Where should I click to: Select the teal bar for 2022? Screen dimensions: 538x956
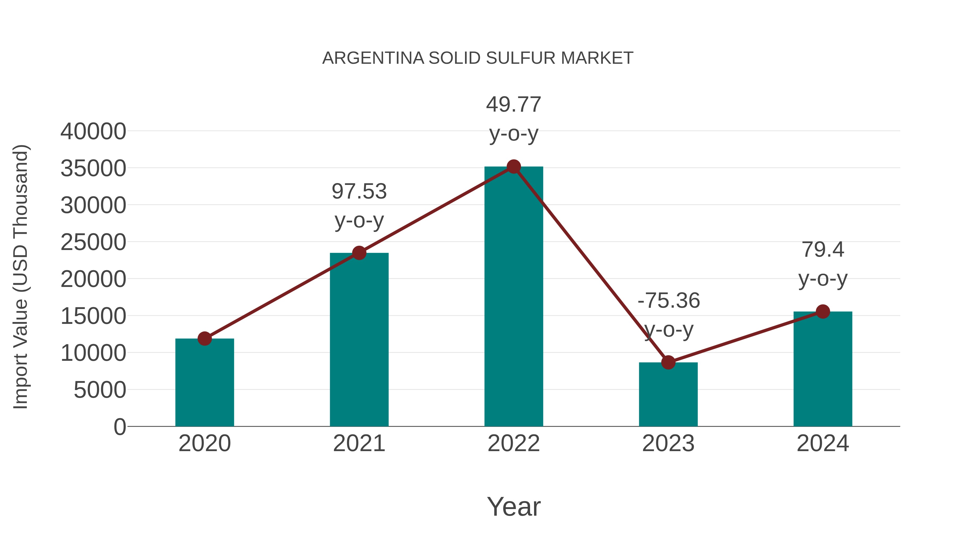tap(514, 297)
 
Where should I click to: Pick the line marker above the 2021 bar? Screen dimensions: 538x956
tap(359, 253)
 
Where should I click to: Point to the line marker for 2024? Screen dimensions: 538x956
tap(823, 312)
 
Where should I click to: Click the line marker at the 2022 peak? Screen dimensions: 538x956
tap(514, 167)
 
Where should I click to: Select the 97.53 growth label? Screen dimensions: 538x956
tap(359, 192)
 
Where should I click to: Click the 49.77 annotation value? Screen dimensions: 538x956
tap(514, 105)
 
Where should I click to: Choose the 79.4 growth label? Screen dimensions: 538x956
tap(823, 249)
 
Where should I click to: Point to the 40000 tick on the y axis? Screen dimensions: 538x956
tap(93, 132)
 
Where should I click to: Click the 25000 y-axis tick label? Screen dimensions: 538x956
tap(93, 243)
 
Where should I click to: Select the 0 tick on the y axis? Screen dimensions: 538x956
tap(120, 427)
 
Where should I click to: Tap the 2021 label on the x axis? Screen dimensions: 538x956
tap(359, 443)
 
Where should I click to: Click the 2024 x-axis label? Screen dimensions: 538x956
tap(823, 443)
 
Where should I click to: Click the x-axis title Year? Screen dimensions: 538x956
tap(514, 506)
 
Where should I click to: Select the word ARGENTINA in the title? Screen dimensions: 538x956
tap(373, 58)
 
